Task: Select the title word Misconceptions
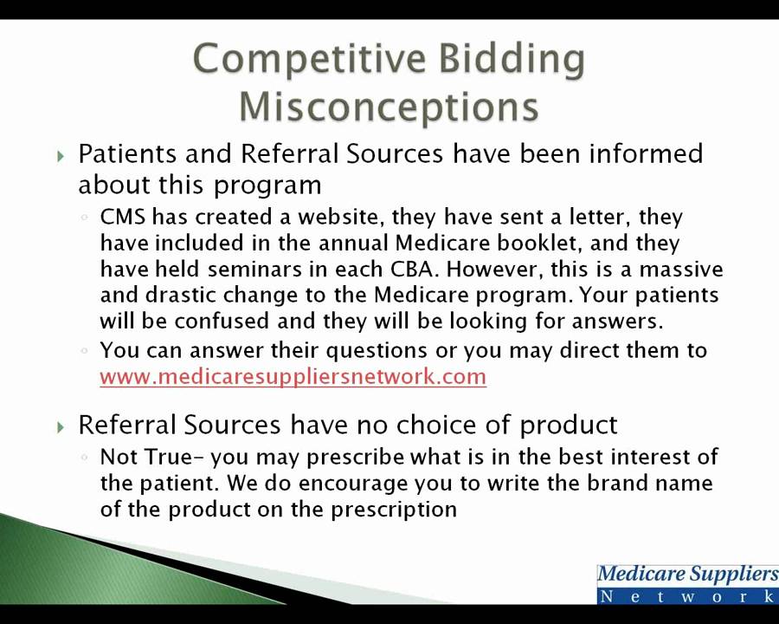[389, 107]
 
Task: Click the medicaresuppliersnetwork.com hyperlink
[293, 376]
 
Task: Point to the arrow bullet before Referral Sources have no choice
[61, 426]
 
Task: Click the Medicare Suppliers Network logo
[687, 583]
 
